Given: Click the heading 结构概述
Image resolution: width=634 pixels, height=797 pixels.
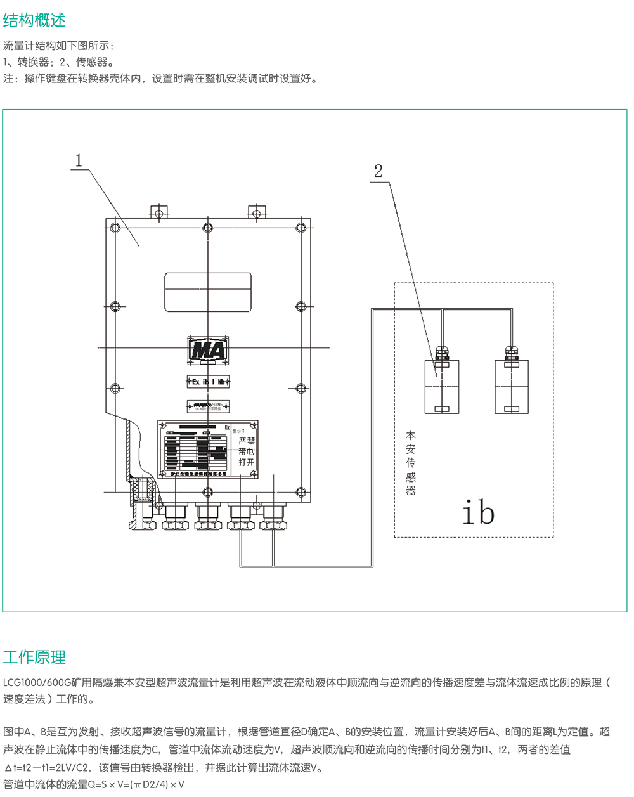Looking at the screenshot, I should tap(35, 20).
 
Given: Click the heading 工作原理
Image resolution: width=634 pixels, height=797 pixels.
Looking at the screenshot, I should tap(35, 657).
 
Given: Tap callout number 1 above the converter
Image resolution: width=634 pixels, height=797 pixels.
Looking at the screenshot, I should tap(79, 160).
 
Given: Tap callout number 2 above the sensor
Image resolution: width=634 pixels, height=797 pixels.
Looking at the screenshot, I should tap(378, 171).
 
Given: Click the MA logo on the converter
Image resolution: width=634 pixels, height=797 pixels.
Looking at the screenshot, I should tap(208, 350).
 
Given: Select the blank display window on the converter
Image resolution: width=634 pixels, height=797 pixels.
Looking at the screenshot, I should tap(208, 292).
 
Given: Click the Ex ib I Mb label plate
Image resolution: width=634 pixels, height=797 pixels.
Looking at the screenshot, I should tap(208, 382).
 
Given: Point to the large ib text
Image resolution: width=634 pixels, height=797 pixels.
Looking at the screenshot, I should tap(478, 512).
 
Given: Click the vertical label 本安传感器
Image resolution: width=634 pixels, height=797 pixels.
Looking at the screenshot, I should tap(411, 463).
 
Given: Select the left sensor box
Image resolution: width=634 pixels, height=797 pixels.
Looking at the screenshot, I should tap(441, 387).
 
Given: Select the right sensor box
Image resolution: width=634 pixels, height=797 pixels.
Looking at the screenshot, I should tap(511, 387).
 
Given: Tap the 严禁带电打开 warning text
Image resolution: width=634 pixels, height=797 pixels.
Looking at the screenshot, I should tap(246, 451).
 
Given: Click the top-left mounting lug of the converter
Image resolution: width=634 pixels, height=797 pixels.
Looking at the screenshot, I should tap(158, 212).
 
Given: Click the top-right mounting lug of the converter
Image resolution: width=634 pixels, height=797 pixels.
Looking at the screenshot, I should tap(256, 212).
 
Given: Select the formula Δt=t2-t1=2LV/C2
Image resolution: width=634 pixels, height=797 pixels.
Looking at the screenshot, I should tap(47, 768).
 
